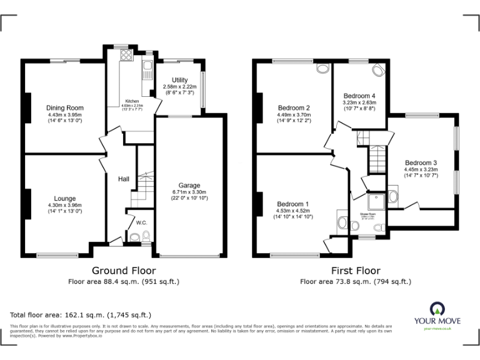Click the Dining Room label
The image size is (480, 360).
[x=65, y=108]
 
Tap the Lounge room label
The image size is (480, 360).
[x=65, y=199]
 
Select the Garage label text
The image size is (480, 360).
[x=189, y=186]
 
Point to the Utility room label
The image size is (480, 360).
[x=179, y=80]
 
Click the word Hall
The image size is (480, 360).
[x=124, y=180]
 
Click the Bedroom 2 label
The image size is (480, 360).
[x=294, y=107]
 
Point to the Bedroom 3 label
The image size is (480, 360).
[x=421, y=163]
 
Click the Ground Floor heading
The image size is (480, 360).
[x=124, y=271]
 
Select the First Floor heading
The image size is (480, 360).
[x=356, y=271]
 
